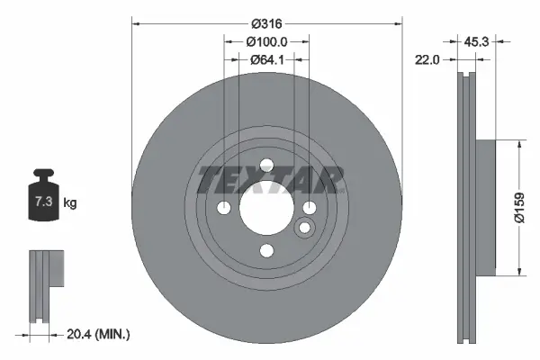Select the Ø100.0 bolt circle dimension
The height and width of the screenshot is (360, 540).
click(266, 41)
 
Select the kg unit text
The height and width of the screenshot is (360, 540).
click(69, 203)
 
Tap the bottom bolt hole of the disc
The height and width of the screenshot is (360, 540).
click(266, 251)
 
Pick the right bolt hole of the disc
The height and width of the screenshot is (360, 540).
click(309, 209)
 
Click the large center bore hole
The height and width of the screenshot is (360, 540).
click(266, 209)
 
